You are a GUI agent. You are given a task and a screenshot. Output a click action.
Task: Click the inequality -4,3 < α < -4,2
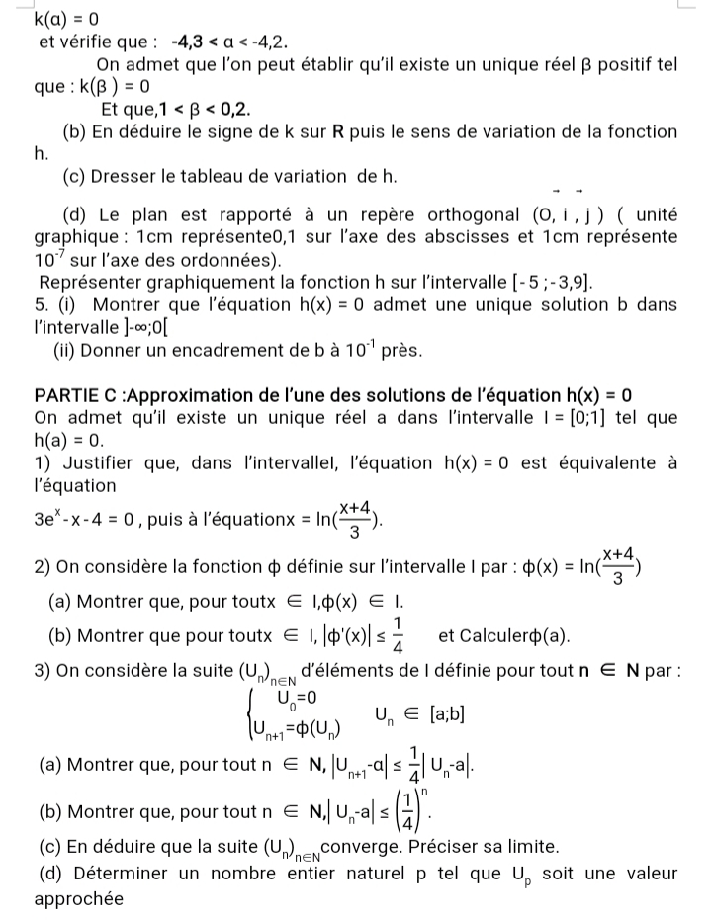click(229, 42)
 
